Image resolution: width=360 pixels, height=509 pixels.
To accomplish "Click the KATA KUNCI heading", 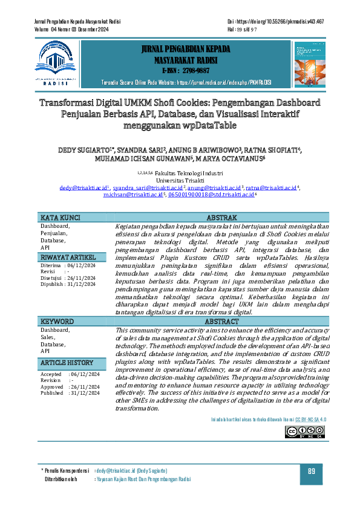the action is coord(61,218).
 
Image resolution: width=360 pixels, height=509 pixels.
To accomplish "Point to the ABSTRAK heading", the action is coord(226,218).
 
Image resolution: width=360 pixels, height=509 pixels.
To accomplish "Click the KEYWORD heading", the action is coord(57,322).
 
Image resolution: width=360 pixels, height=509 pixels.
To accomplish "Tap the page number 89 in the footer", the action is coord(312,472).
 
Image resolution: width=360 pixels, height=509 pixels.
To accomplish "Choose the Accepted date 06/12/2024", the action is coord(85,374).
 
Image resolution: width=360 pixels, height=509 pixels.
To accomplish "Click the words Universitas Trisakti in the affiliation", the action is coord(180,181).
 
